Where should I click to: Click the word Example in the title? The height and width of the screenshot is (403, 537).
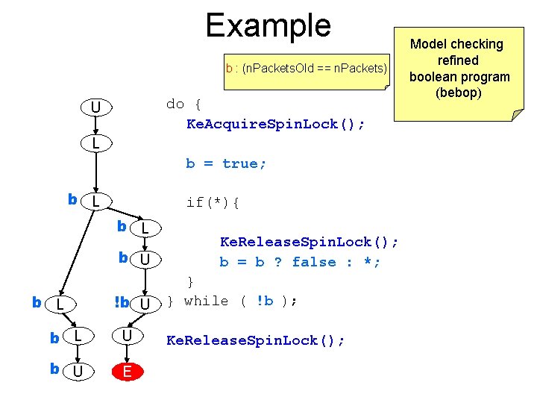pos(268,25)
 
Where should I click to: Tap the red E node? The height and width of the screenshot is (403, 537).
pos(128,371)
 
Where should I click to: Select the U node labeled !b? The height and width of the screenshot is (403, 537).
pos(147,304)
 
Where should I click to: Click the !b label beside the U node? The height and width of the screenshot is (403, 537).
pos(122,303)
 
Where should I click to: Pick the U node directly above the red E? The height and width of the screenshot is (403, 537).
pos(128,337)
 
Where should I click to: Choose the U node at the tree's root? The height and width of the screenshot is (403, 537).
pos(96,109)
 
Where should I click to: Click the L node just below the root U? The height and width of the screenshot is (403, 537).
pos(96,143)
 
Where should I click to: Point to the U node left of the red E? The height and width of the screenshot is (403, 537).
pos(77,371)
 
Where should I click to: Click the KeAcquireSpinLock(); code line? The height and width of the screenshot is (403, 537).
pos(275,124)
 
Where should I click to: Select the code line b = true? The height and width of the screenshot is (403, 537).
pos(226,163)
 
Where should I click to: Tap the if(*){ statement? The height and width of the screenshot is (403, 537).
pos(213,202)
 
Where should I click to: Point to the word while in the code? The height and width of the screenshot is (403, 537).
pos(206,301)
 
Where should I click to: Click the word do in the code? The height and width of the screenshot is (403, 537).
pos(175,104)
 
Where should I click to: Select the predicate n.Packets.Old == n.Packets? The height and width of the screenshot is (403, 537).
pos(314,69)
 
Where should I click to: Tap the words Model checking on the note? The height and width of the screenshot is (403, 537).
pos(457,44)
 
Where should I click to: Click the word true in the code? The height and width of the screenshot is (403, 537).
pos(244,163)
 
